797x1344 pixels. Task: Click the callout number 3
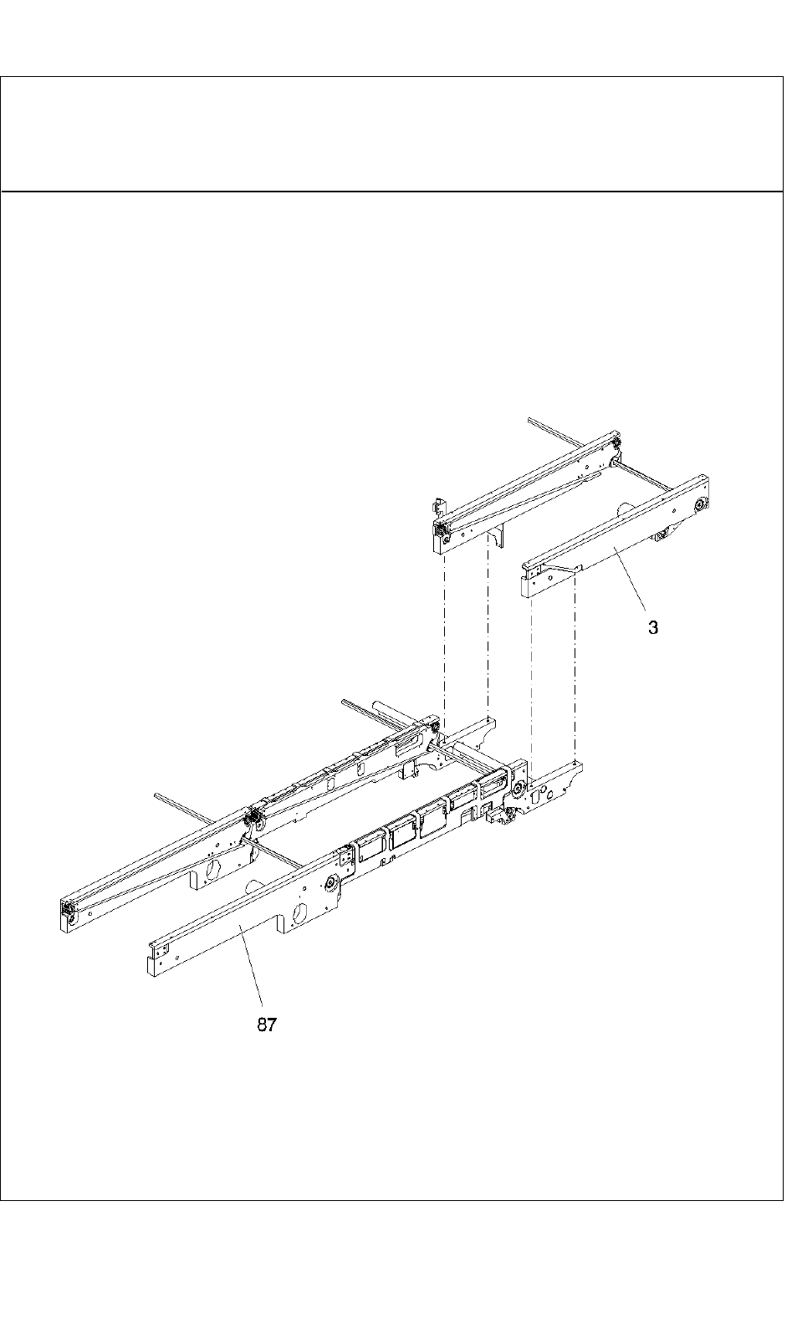(x=653, y=627)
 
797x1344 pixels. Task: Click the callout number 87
(x=266, y=1025)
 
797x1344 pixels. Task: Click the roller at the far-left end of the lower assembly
(x=66, y=911)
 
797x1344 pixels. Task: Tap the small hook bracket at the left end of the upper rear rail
(x=436, y=506)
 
